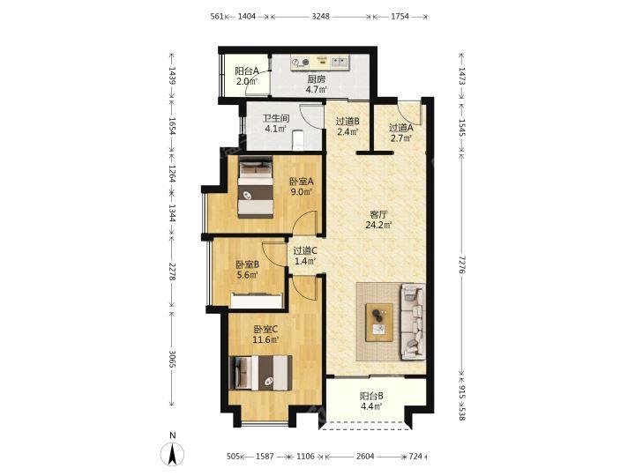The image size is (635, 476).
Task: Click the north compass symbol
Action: point(173,450)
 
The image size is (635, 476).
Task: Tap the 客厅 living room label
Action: point(378,214)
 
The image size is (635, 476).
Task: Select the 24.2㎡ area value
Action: point(378,225)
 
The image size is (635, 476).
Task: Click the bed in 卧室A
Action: point(255,187)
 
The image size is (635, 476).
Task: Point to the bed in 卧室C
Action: point(260,373)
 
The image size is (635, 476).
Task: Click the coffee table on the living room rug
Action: point(379,323)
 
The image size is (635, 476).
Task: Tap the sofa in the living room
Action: point(413,322)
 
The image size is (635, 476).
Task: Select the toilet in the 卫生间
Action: point(298,139)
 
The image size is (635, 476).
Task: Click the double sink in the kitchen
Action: point(340,62)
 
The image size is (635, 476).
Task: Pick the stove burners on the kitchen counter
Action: point(301,63)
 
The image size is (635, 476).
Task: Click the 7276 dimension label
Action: point(461,262)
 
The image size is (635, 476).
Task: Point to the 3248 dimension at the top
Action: point(321,17)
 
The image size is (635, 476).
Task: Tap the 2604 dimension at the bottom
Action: point(365,457)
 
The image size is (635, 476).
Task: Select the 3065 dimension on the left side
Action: point(172,359)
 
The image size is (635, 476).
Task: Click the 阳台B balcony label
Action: point(371,396)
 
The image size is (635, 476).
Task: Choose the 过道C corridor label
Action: point(305,251)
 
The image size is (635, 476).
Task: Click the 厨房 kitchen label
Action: point(316,79)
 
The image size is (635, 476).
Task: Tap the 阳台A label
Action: point(247,71)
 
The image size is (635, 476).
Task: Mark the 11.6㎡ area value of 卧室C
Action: point(265,339)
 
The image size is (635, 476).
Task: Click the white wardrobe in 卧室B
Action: point(257,301)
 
